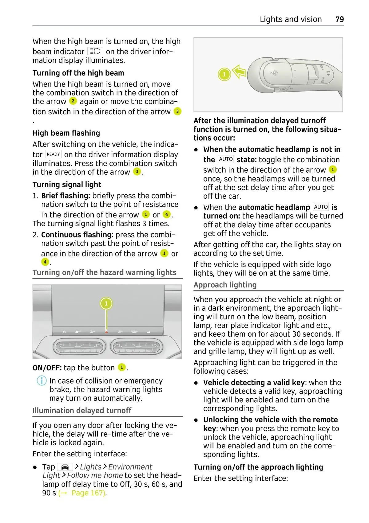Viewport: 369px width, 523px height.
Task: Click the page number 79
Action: pos(339,19)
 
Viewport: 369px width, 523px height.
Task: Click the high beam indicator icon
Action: pos(95,51)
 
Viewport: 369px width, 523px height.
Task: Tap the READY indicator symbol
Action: pos(54,154)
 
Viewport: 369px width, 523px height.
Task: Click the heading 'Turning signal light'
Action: pos(67,185)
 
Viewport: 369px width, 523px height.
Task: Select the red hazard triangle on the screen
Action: pos(106,332)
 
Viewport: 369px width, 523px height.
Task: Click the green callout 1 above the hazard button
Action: pos(106,304)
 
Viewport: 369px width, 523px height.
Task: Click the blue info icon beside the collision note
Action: pos(42,381)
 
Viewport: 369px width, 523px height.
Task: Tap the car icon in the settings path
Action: pos(65,467)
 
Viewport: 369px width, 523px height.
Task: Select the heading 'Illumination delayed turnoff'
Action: pos(82,411)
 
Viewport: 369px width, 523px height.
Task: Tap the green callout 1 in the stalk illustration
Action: pos(224,74)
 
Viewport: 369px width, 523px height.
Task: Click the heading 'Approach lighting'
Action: pos(225,285)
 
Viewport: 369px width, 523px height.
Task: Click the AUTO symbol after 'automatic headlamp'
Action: pos(321,207)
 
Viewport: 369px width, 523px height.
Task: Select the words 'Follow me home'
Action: pos(95,475)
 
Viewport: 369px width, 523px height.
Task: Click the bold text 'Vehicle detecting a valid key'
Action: pos(254,383)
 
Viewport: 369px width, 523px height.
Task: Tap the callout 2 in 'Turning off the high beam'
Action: pos(73,101)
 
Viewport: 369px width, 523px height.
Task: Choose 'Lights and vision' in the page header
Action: pos(291,19)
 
